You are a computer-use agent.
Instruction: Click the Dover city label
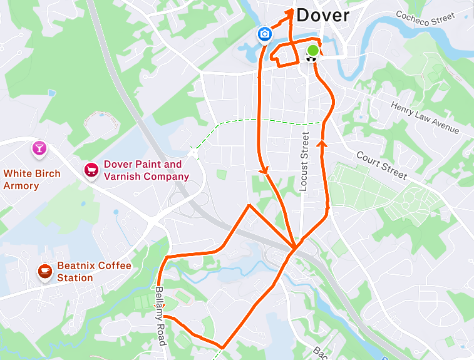pos(322,16)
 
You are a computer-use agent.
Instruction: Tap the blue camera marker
pos(265,34)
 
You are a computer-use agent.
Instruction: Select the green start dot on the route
pos(312,51)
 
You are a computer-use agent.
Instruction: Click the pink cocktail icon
pos(39,148)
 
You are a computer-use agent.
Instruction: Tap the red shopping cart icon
pos(91,170)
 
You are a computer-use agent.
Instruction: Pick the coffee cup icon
pos(44,271)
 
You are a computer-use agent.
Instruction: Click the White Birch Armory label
pos(32,179)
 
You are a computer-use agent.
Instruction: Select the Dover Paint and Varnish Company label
pos(146,170)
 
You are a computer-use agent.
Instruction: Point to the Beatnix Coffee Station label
pos(94,272)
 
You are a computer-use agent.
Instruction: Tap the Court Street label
pos(381,165)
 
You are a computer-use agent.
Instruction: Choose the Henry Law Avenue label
pos(425,118)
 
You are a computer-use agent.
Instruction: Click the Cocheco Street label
pos(425,18)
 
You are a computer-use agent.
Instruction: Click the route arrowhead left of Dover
pos(292,13)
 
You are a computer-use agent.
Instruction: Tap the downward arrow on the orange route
pos(264,170)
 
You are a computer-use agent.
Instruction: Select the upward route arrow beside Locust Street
pos(323,145)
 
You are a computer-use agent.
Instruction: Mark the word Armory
pos(21,186)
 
